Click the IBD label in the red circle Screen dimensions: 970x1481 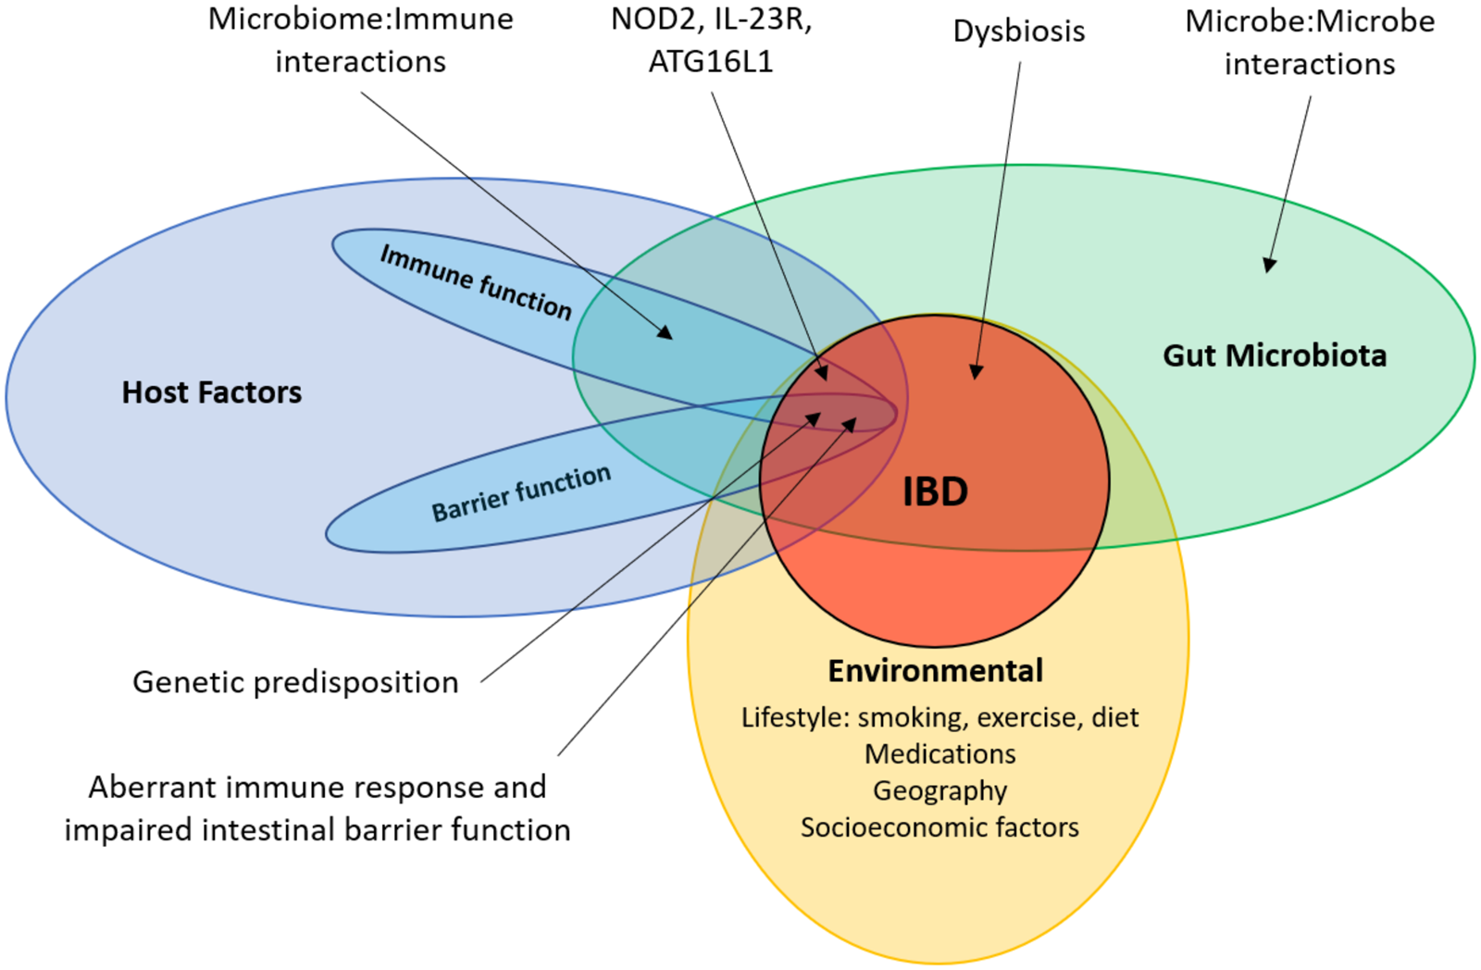click(935, 491)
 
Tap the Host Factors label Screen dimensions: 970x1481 click(212, 392)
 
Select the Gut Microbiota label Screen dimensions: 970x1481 click(1275, 355)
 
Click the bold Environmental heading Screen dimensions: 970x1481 click(935, 670)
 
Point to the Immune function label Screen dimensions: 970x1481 click(476, 281)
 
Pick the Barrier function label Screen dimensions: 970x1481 click(521, 493)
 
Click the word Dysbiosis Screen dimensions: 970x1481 click(1018, 31)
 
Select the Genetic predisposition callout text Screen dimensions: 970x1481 click(295, 682)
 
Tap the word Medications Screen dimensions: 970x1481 click(940, 754)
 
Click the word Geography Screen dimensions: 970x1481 click(940, 790)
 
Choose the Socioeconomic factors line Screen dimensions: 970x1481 click(940, 827)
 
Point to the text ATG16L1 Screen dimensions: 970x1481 click(710, 62)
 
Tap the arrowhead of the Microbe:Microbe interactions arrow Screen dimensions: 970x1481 click(1270, 266)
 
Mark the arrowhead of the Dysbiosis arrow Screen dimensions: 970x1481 click(976, 372)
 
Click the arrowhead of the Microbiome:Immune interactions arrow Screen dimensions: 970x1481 click(666, 332)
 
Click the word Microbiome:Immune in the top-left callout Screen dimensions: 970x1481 click(360, 19)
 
